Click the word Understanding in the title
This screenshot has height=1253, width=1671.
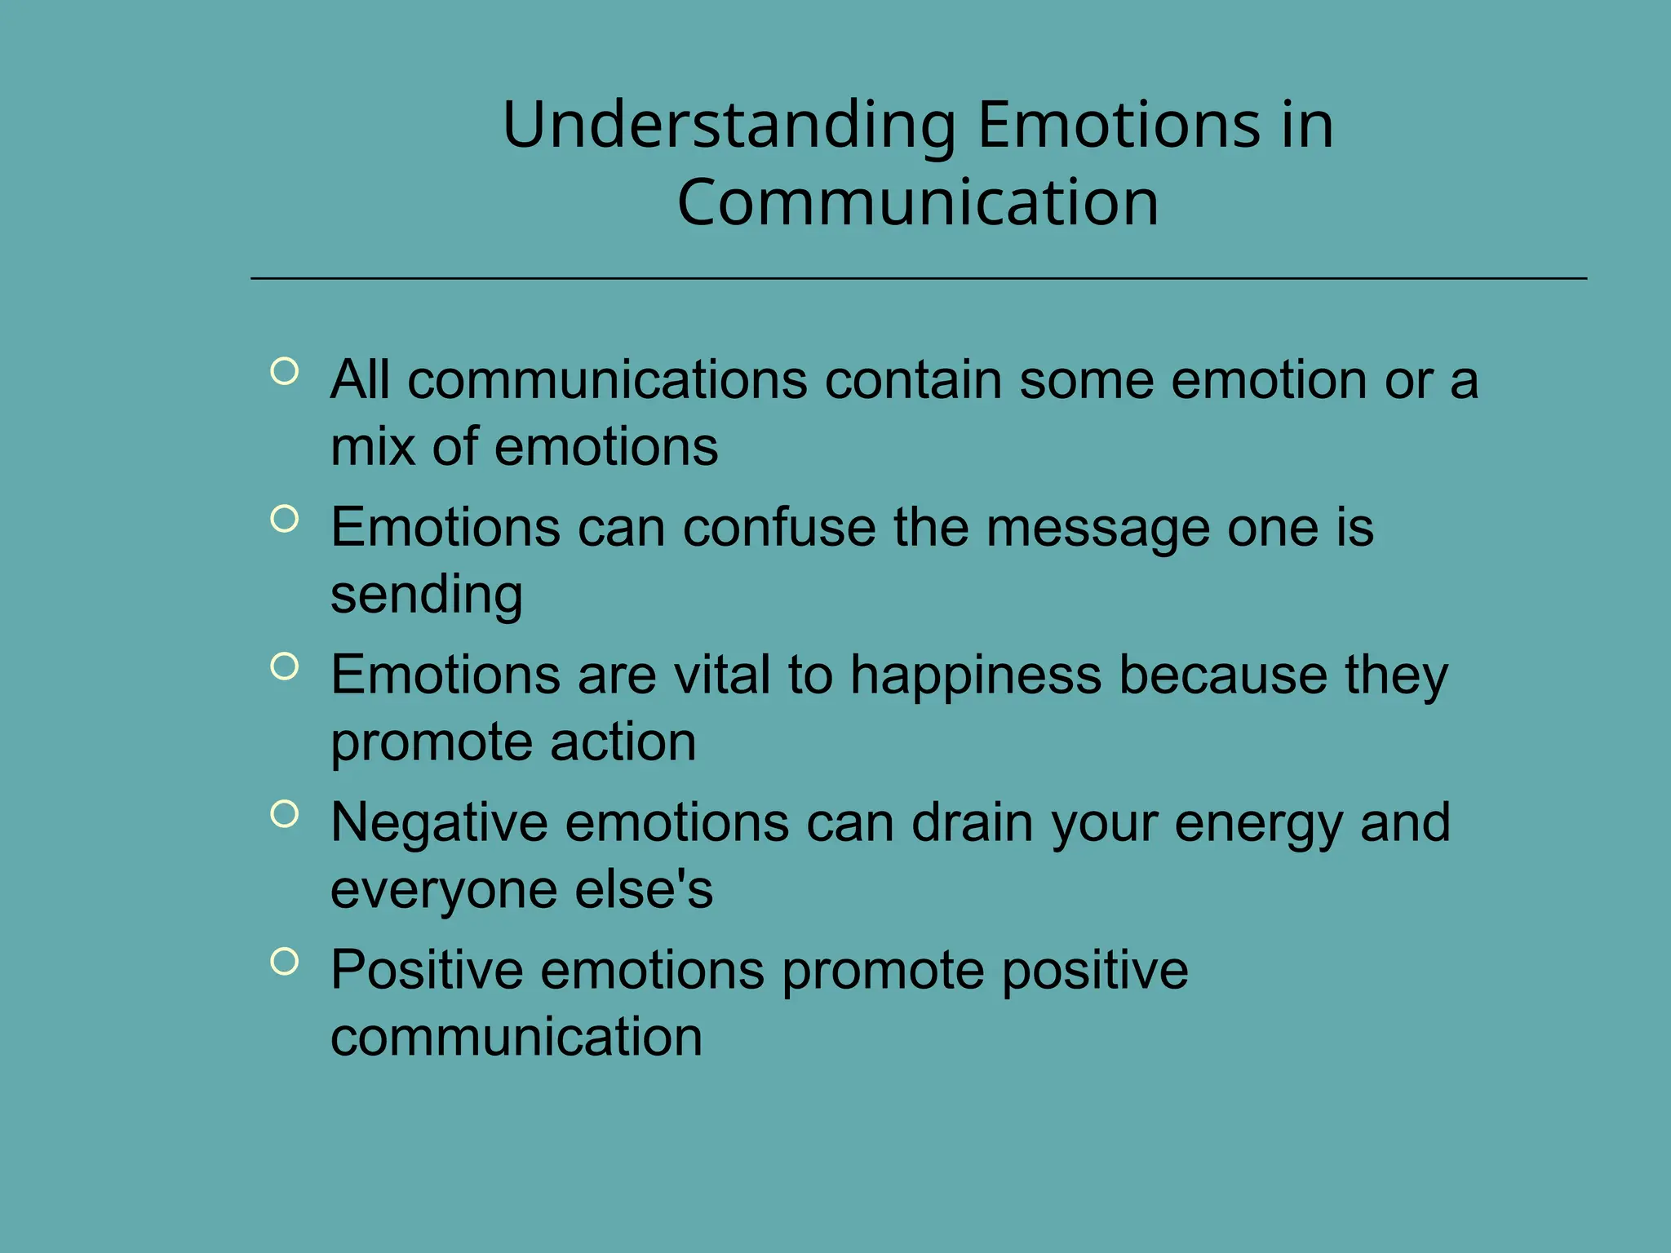point(729,126)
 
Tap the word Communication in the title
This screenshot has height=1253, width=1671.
point(918,203)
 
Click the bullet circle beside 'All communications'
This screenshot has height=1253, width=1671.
point(284,372)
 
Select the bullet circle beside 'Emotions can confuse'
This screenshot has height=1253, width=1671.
point(284,519)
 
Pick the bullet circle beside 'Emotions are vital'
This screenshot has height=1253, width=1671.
point(284,666)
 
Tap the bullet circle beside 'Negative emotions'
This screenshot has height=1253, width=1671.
point(284,813)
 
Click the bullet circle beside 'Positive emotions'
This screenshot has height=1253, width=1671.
point(284,961)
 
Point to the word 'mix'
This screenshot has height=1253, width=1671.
point(373,447)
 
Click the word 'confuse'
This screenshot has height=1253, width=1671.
point(779,528)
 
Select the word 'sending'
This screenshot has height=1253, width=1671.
point(426,595)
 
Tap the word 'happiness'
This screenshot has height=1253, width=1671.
point(976,676)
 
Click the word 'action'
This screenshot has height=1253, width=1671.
point(623,742)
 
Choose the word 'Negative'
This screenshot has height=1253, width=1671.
point(439,823)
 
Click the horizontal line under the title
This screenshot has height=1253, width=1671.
point(918,279)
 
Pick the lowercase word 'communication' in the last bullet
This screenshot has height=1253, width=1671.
point(516,1038)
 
